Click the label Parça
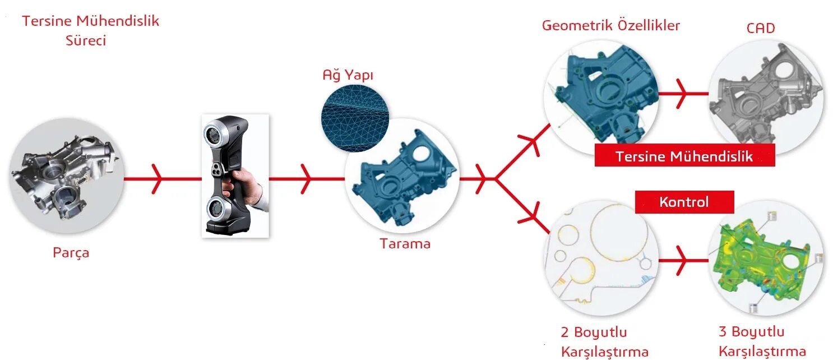point(71,253)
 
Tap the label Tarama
point(405,244)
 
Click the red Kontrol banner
point(684,202)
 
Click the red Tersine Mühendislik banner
point(684,156)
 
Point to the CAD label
point(760,28)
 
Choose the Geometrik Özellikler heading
point(610,26)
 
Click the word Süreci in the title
point(86,41)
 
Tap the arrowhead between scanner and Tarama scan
point(306,179)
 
